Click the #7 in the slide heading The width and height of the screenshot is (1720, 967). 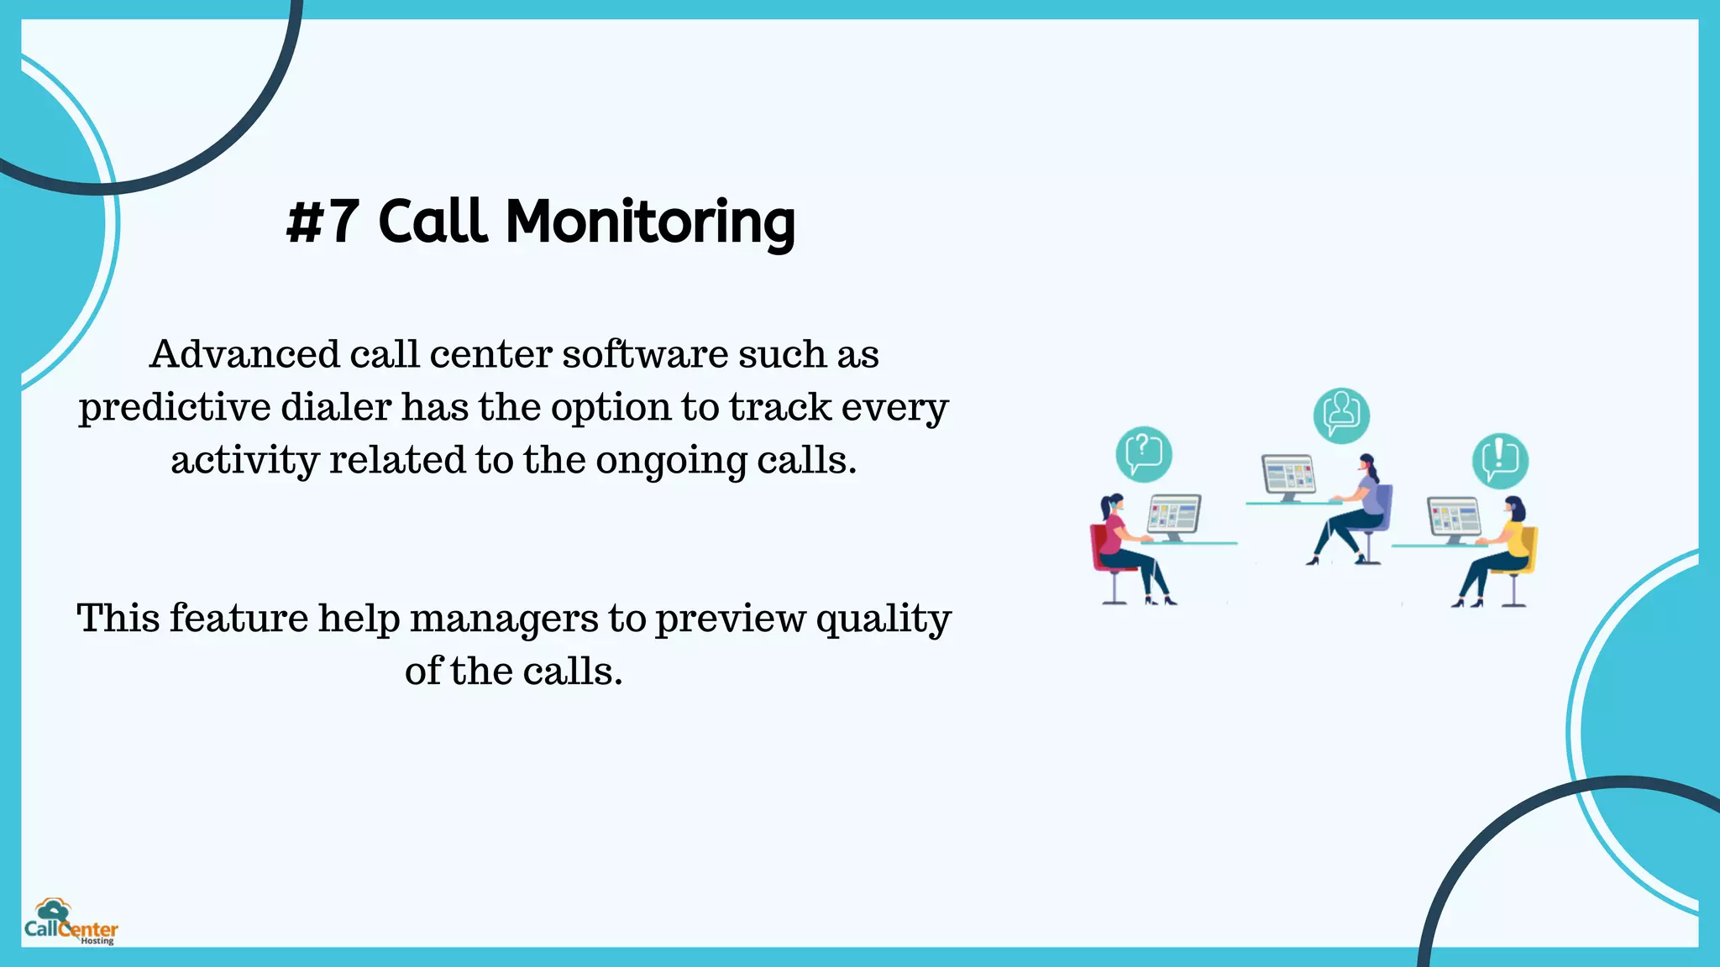322,222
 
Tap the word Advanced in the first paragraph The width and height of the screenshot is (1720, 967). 244,354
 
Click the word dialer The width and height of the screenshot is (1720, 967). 335,407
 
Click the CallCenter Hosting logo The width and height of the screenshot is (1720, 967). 71,923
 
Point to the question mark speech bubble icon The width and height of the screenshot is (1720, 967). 1143,454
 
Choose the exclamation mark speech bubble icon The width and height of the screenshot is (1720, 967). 1500,460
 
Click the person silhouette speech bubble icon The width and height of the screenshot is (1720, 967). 1341,415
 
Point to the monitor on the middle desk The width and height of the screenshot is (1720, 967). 1288,475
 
